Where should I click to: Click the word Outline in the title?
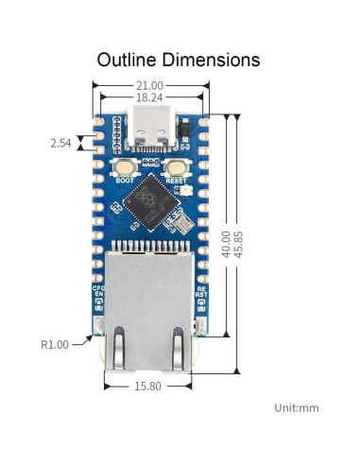(131, 60)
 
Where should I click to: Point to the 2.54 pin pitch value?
(60, 144)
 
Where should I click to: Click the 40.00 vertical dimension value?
(225, 243)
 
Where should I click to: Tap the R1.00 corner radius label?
(55, 345)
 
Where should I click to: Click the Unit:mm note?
(298, 407)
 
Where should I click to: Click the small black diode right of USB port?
(187, 125)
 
